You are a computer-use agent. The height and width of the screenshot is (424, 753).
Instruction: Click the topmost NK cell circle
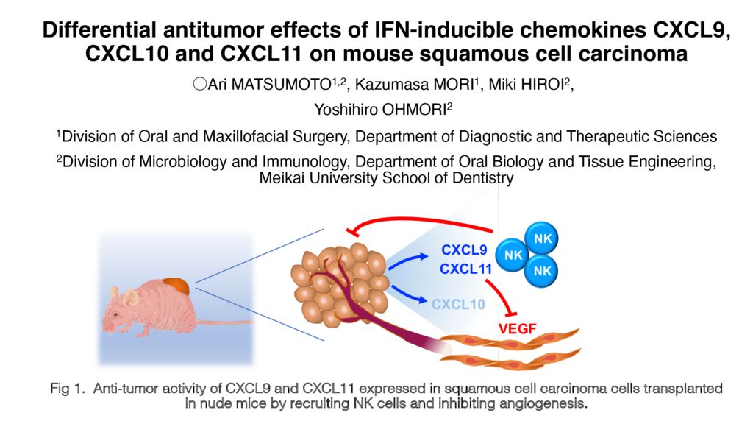[543, 239]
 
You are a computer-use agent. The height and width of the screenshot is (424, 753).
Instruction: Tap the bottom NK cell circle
[543, 271]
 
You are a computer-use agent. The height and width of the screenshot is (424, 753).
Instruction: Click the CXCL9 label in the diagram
[464, 250]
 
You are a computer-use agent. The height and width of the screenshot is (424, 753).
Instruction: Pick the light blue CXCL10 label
[458, 303]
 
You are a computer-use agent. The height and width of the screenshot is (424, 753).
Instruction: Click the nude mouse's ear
[130, 297]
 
